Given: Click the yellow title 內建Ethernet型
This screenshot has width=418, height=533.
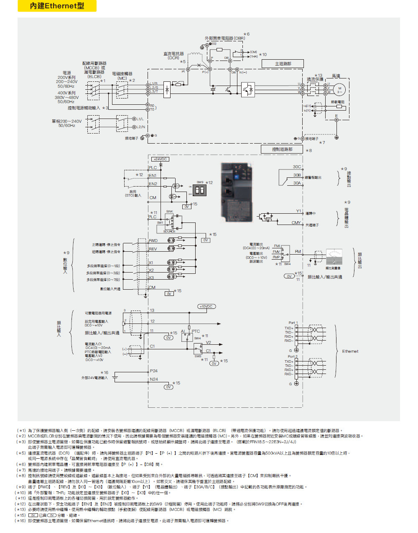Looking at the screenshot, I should pyautogui.click(x=57, y=6).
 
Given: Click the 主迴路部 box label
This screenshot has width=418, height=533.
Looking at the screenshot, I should pyautogui.click(x=283, y=63).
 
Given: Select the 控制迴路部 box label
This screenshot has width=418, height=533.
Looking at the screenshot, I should pyautogui.click(x=282, y=149).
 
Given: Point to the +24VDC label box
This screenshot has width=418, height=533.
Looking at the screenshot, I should pyautogui.click(x=160, y=159).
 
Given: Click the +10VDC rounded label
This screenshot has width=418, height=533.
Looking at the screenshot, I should pyautogui.click(x=206, y=306).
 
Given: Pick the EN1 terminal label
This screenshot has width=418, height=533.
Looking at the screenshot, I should pyautogui.click(x=153, y=176).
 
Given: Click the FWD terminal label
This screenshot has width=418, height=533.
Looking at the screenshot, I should pyautogui.click(x=153, y=240).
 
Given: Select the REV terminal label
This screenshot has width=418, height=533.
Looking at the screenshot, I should pyautogui.click(x=153, y=249).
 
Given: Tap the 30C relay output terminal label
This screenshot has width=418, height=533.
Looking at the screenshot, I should pyautogui.click(x=297, y=167).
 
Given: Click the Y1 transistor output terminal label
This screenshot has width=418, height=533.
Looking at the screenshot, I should pyautogui.click(x=298, y=211).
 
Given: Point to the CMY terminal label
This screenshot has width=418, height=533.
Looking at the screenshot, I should pyautogui.click(x=296, y=223).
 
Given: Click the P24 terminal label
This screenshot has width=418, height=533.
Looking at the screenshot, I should pyautogui.click(x=154, y=371).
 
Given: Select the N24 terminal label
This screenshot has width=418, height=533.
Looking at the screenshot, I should pyautogui.click(x=154, y=379).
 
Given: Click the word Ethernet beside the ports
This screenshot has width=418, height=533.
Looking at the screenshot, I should pyautogui.click(x=350, y=351).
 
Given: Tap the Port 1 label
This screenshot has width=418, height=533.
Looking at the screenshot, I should pyautogui.click(x=293, y=323).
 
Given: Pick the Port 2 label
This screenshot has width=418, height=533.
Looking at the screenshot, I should pyautogui.click(x=293, y=356).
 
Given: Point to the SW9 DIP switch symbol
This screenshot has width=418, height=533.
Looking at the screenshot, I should pyautogui.click(x=199, y=191).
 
